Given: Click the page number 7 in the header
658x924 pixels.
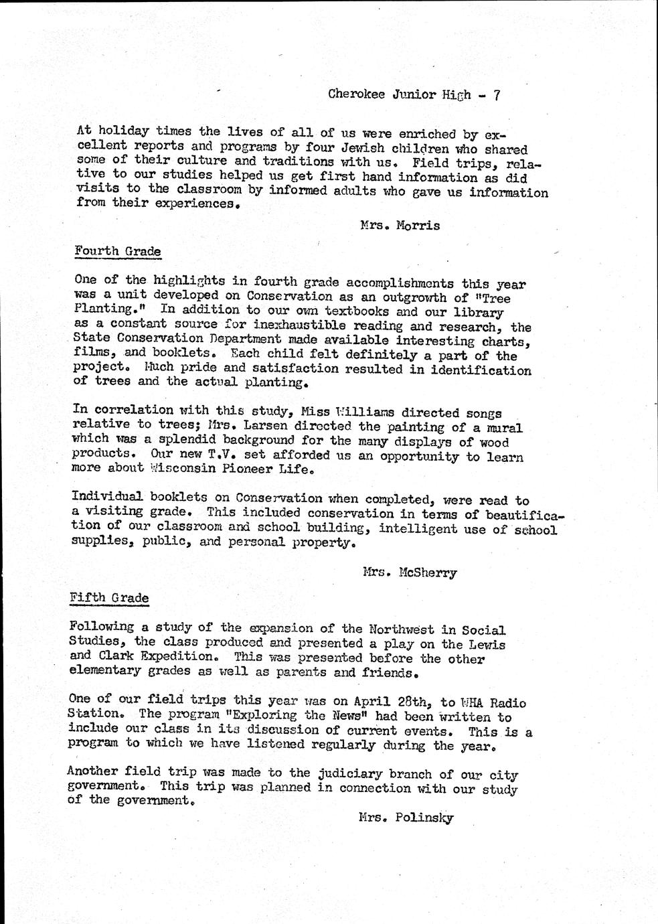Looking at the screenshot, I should click(x=497, y=95).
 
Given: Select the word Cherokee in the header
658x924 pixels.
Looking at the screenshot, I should click(x=356, y=94).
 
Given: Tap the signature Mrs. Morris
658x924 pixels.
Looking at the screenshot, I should click(x=400, y=226).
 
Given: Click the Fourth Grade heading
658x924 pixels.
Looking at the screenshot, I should click(x=118, y=252).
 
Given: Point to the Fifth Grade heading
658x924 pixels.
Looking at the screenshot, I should click(x=109, y=598).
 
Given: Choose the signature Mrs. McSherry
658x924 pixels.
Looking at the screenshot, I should click(x=409, y=572).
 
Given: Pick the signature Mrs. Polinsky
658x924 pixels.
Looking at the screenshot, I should click(x=406, y=818).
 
